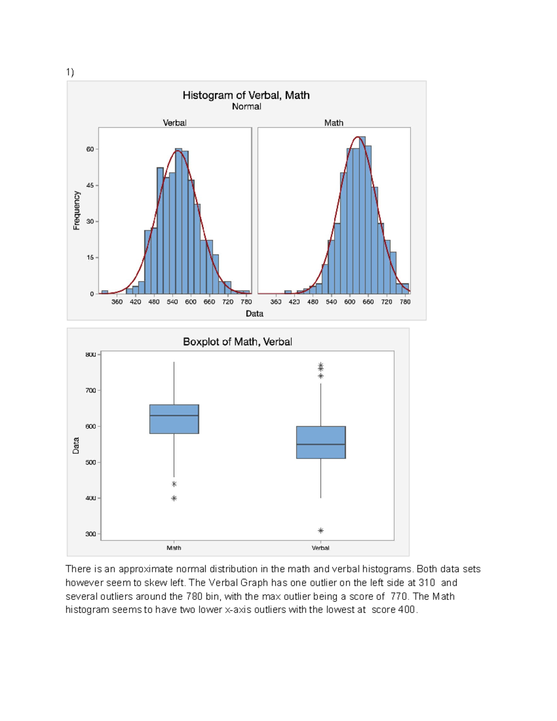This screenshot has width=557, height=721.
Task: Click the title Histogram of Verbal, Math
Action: [x=246, y=95]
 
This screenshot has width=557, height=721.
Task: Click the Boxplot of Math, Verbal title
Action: [x=237, y=342]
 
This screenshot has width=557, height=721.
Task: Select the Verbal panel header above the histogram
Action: [x=175, y=123]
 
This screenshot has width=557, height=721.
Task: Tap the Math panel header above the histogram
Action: [x=334, y=123]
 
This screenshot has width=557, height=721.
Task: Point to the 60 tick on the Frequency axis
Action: [x=90, y=149]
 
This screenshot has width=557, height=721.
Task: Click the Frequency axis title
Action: [x=77, y=210]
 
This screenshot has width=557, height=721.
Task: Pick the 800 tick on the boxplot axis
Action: [x=91, y=355]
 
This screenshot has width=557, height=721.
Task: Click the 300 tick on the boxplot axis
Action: [x=91, y=534]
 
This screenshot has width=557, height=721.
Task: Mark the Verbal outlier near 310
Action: [x=321, y=530]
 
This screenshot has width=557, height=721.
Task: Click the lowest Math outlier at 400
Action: [x=174, y=498]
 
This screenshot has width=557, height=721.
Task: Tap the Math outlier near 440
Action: [x=174, y=484]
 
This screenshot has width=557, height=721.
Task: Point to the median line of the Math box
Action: [x=174, y=416]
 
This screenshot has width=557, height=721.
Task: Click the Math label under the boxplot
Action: [x=174, y=548]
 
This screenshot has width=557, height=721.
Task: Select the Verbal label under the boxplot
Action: [x=321, y=548]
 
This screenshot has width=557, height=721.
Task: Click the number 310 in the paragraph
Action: [x=427, y=583]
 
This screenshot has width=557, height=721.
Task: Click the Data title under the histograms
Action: [x=254, y=313]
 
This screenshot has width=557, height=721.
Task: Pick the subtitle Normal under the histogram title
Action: [x=246, y=106]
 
